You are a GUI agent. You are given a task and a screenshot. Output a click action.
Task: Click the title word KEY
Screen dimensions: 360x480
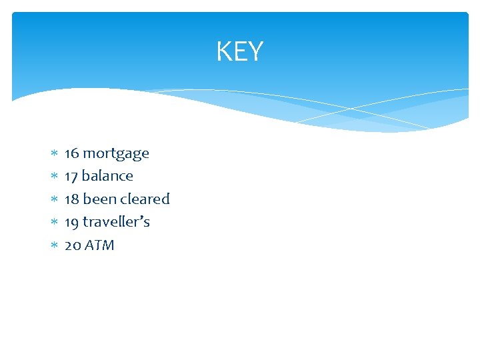tap(240, 51)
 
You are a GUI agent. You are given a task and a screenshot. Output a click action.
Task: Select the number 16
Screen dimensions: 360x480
tap(71, 153)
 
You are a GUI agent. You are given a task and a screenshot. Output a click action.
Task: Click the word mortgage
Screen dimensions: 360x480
tap(115, 154)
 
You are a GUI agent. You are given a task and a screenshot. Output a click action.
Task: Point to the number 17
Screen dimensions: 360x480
tap(71, 176)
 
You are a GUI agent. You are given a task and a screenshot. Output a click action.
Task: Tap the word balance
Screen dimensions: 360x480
tap(107, 176)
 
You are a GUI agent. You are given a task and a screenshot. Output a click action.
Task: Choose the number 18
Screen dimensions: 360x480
tap(71, 199)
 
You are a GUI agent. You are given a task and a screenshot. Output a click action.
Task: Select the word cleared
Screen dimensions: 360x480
tap(145, 199)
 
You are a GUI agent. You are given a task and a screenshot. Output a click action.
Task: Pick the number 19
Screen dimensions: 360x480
tap(71, 221)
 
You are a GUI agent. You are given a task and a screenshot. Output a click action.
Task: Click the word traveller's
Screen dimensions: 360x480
tap(116, 221)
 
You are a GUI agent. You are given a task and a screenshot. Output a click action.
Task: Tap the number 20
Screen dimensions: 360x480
tap(72, 245)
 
